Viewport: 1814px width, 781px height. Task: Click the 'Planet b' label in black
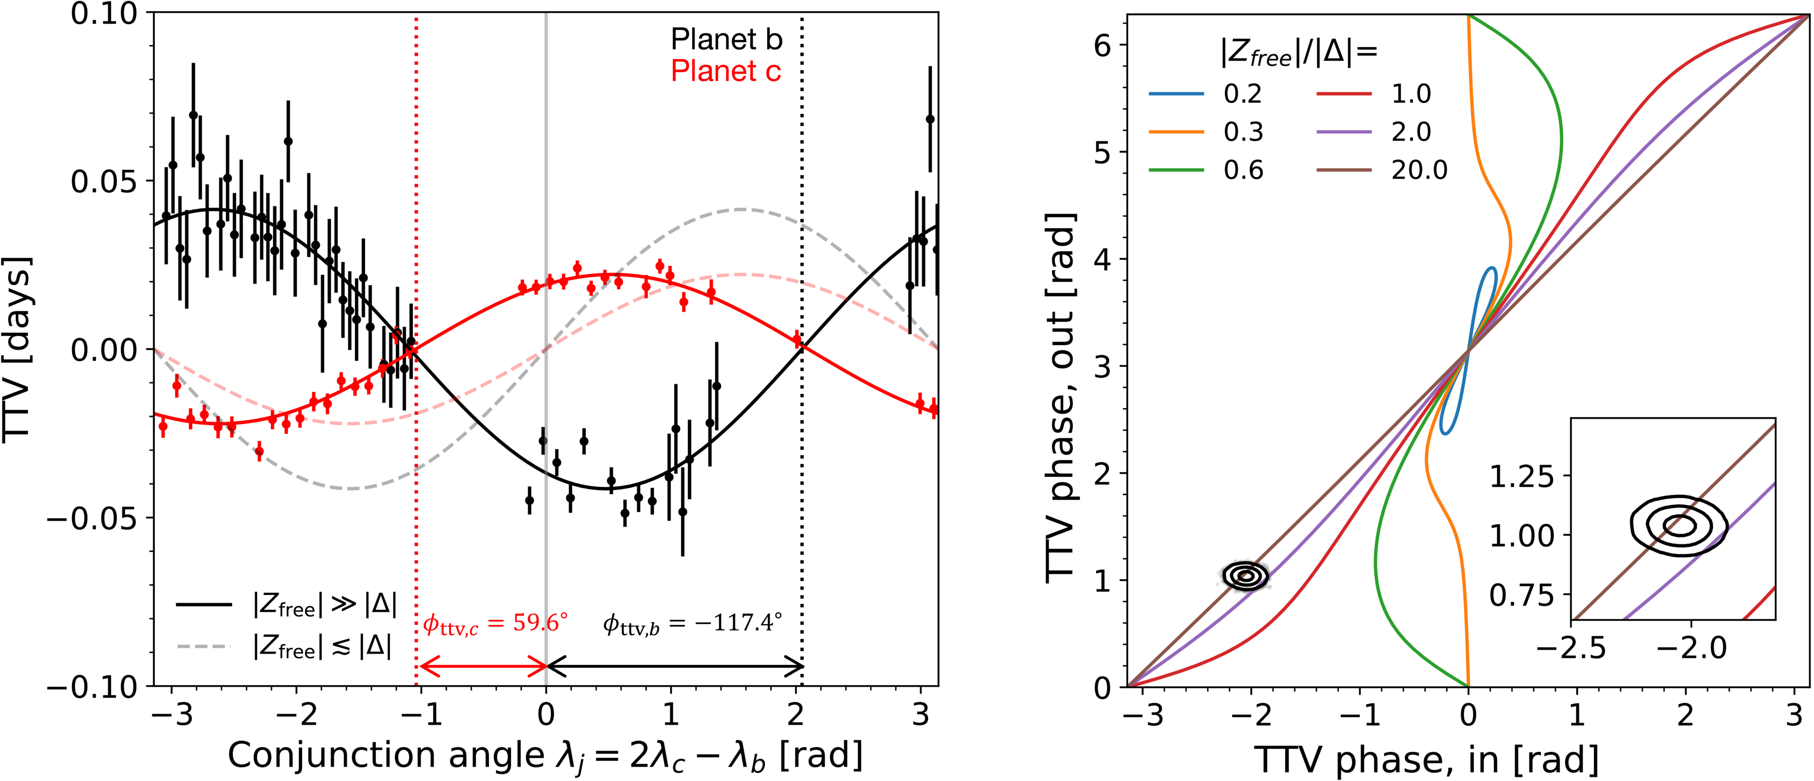(x=726, y=39)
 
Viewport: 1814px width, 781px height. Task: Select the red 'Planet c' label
(x=726, y=71)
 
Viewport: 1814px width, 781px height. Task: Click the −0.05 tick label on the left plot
(x=92, y=518)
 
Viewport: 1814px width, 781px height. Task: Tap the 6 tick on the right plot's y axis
(x=1102, y=45)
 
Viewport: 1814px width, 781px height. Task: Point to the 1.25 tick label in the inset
(x=1521, y=477)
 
